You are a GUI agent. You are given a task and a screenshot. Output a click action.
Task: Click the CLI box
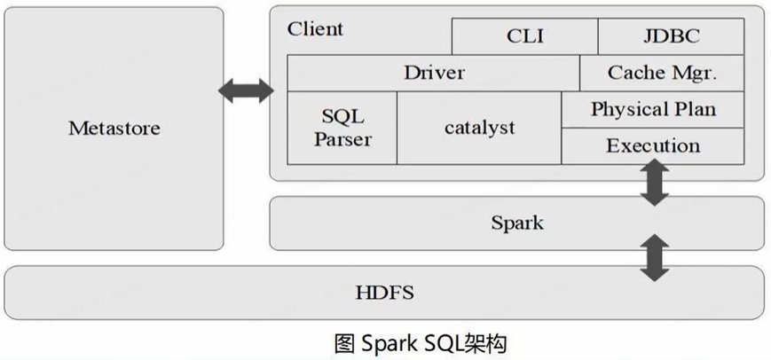click(524, 36)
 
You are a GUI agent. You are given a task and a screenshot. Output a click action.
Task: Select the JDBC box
click(671, 36)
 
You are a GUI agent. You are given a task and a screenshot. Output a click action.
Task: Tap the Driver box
click(433, 73)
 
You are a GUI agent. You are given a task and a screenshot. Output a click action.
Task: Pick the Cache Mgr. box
click(662, 73)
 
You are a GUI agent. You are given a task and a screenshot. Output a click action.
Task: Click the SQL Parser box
click(342, 128)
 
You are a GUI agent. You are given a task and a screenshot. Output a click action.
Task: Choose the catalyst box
click(479, 128)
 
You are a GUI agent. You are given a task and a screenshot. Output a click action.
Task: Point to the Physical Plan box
click(653, 109)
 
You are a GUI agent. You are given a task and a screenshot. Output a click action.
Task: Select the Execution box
click(653, 145)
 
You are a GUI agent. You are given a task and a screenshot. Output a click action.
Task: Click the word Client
click(315, 28)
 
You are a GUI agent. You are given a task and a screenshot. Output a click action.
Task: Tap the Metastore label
click(114, 128)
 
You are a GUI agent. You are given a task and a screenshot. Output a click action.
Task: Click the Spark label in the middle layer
click(516, 222)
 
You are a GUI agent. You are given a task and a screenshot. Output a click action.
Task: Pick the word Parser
click(342, 140)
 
